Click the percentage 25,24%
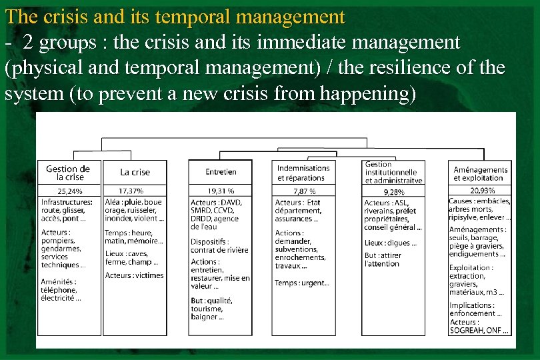click(x=70, y=191)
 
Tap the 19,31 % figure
click(x=221, y=191)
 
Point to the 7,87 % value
click(x=304, y=191)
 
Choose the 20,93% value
click(x=482, y=191)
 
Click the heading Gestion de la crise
click(x=69, y=173)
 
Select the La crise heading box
click(x=135, y=172)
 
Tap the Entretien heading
click(x=221, y=172)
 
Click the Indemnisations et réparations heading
click(x=303, y=173)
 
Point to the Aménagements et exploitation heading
click(x=481, y=173)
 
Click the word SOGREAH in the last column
click(x=467, y=330)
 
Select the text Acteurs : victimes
click(x=134, y=275)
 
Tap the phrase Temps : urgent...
click(x=302, y=283)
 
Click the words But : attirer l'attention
click(x=382, y=259)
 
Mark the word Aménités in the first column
click(x=59, y=281)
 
